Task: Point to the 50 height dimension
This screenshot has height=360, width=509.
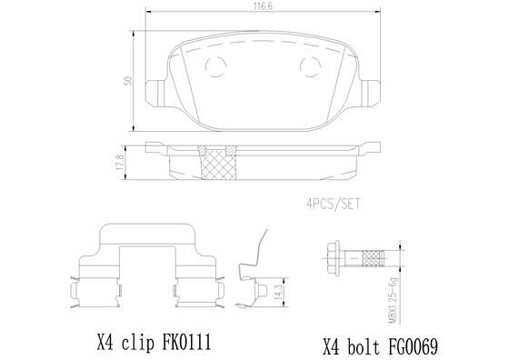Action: click(x=130, y=80)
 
